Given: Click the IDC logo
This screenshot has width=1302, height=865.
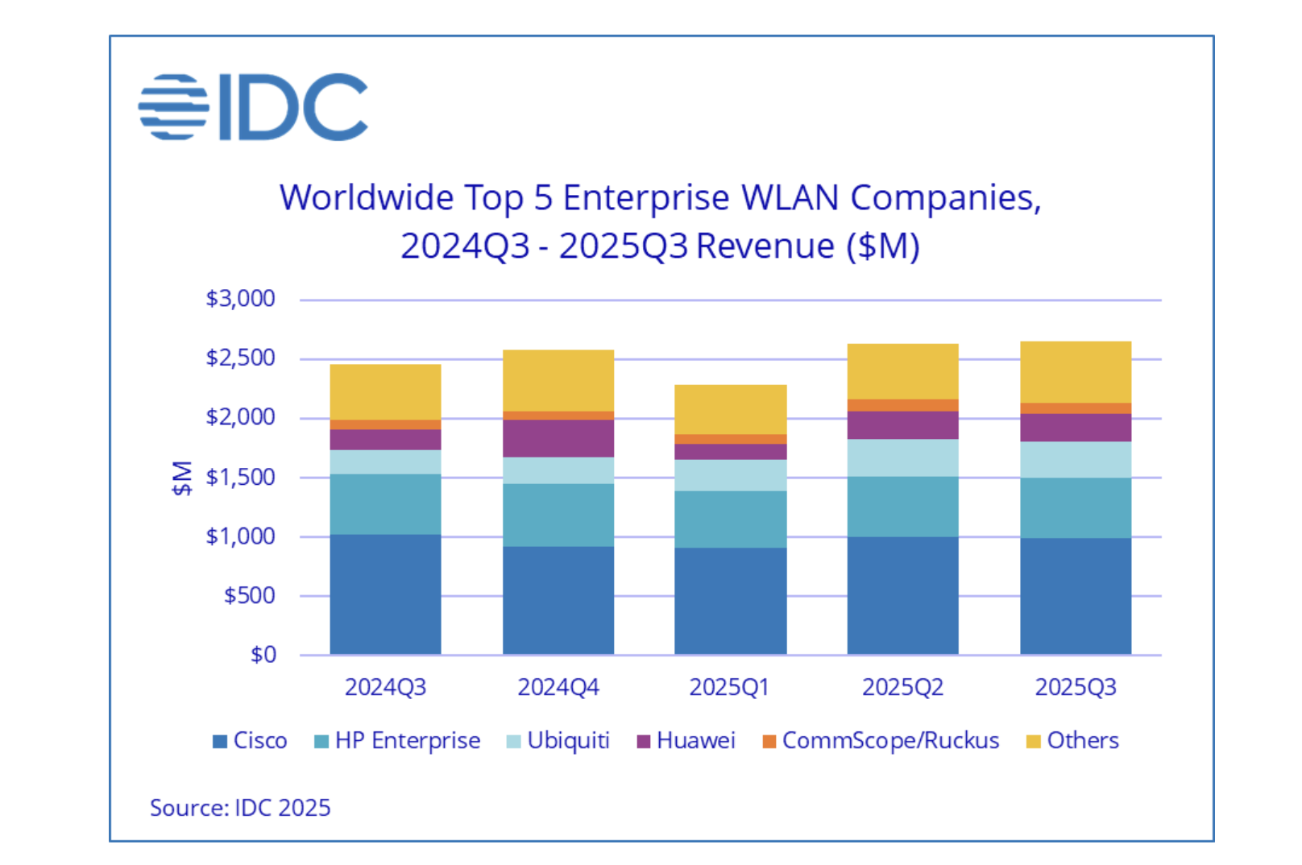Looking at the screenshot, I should [253, 107].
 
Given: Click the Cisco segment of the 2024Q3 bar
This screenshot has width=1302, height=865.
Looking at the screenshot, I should [385, 594].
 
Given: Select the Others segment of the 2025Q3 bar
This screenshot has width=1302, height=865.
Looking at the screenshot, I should [1075, 372].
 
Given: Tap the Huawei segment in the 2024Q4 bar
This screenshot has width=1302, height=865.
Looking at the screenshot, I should [558, 438].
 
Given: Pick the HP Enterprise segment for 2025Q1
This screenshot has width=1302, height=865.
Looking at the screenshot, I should [730, 519].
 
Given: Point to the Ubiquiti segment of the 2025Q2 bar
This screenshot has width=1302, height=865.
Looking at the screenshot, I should [902, 457].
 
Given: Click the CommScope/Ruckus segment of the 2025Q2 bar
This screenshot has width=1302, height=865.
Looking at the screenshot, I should [902, 405].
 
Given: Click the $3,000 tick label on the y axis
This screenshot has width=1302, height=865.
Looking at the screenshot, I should [240, 299].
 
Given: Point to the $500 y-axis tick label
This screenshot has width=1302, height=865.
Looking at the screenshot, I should [249, 595].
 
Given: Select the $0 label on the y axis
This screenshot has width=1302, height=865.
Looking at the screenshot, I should [263, 655].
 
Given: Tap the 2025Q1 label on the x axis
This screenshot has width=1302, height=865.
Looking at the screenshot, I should [729, 687].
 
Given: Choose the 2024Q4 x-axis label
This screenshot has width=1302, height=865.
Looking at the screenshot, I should [558, 687].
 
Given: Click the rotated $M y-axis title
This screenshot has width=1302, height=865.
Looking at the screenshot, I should [182, 478].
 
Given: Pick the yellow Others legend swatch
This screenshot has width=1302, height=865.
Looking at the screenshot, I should [1033, 741].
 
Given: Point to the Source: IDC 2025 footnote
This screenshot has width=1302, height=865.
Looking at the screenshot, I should [240, 808].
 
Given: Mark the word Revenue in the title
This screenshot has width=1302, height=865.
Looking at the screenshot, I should [765, 246].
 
